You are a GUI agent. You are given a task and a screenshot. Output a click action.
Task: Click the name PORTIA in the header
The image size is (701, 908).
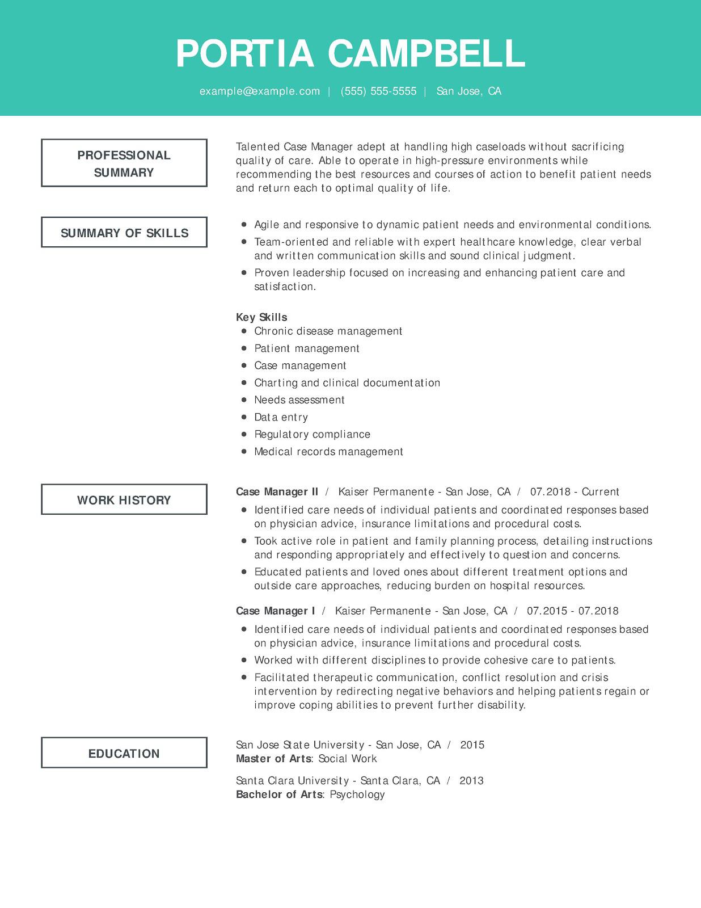click(245, 54)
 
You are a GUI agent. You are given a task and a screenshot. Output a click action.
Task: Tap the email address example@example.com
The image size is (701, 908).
click(260, 91)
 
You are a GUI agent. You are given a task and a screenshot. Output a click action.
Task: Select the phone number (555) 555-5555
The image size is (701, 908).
click(378, 91)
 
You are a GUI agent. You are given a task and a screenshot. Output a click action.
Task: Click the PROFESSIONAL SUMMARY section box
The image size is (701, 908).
click(124, 163)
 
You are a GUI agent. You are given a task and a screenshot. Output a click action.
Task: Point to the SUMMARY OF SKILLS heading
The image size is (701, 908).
click(124, 233)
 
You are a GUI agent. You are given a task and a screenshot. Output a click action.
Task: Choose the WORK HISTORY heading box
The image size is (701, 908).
click(124, 500)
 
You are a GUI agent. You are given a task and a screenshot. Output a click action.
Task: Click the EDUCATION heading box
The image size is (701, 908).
click(124, 754)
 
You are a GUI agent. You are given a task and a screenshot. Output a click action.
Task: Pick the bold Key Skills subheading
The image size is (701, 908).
click(261, 317)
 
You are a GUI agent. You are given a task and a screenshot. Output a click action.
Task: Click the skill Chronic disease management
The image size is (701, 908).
click(328, 331)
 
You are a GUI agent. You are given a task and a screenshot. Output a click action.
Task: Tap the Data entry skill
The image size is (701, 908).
click(281, 418)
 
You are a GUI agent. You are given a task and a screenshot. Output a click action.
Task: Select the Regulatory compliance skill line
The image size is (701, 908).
click(312, 435)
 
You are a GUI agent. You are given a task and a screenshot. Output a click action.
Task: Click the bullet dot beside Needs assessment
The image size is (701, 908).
click(244, 400)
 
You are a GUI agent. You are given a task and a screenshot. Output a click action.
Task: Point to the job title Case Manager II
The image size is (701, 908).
click(277, 492)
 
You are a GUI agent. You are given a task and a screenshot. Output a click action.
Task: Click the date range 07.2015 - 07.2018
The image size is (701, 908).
click(572, 611)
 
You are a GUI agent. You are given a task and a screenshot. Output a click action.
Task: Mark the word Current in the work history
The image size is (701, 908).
click(600, 492)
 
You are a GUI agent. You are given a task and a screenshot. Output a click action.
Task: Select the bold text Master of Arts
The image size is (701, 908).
click(273, 759)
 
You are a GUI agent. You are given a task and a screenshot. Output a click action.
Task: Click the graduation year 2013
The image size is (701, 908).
click(471, 781)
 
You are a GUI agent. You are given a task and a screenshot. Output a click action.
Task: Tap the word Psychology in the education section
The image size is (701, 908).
click(357, 794)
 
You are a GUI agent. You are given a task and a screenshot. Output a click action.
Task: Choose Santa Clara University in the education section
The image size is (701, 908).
click(292, 781)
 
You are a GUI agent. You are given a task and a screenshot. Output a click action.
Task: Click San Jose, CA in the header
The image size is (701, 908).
click(468, 91)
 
